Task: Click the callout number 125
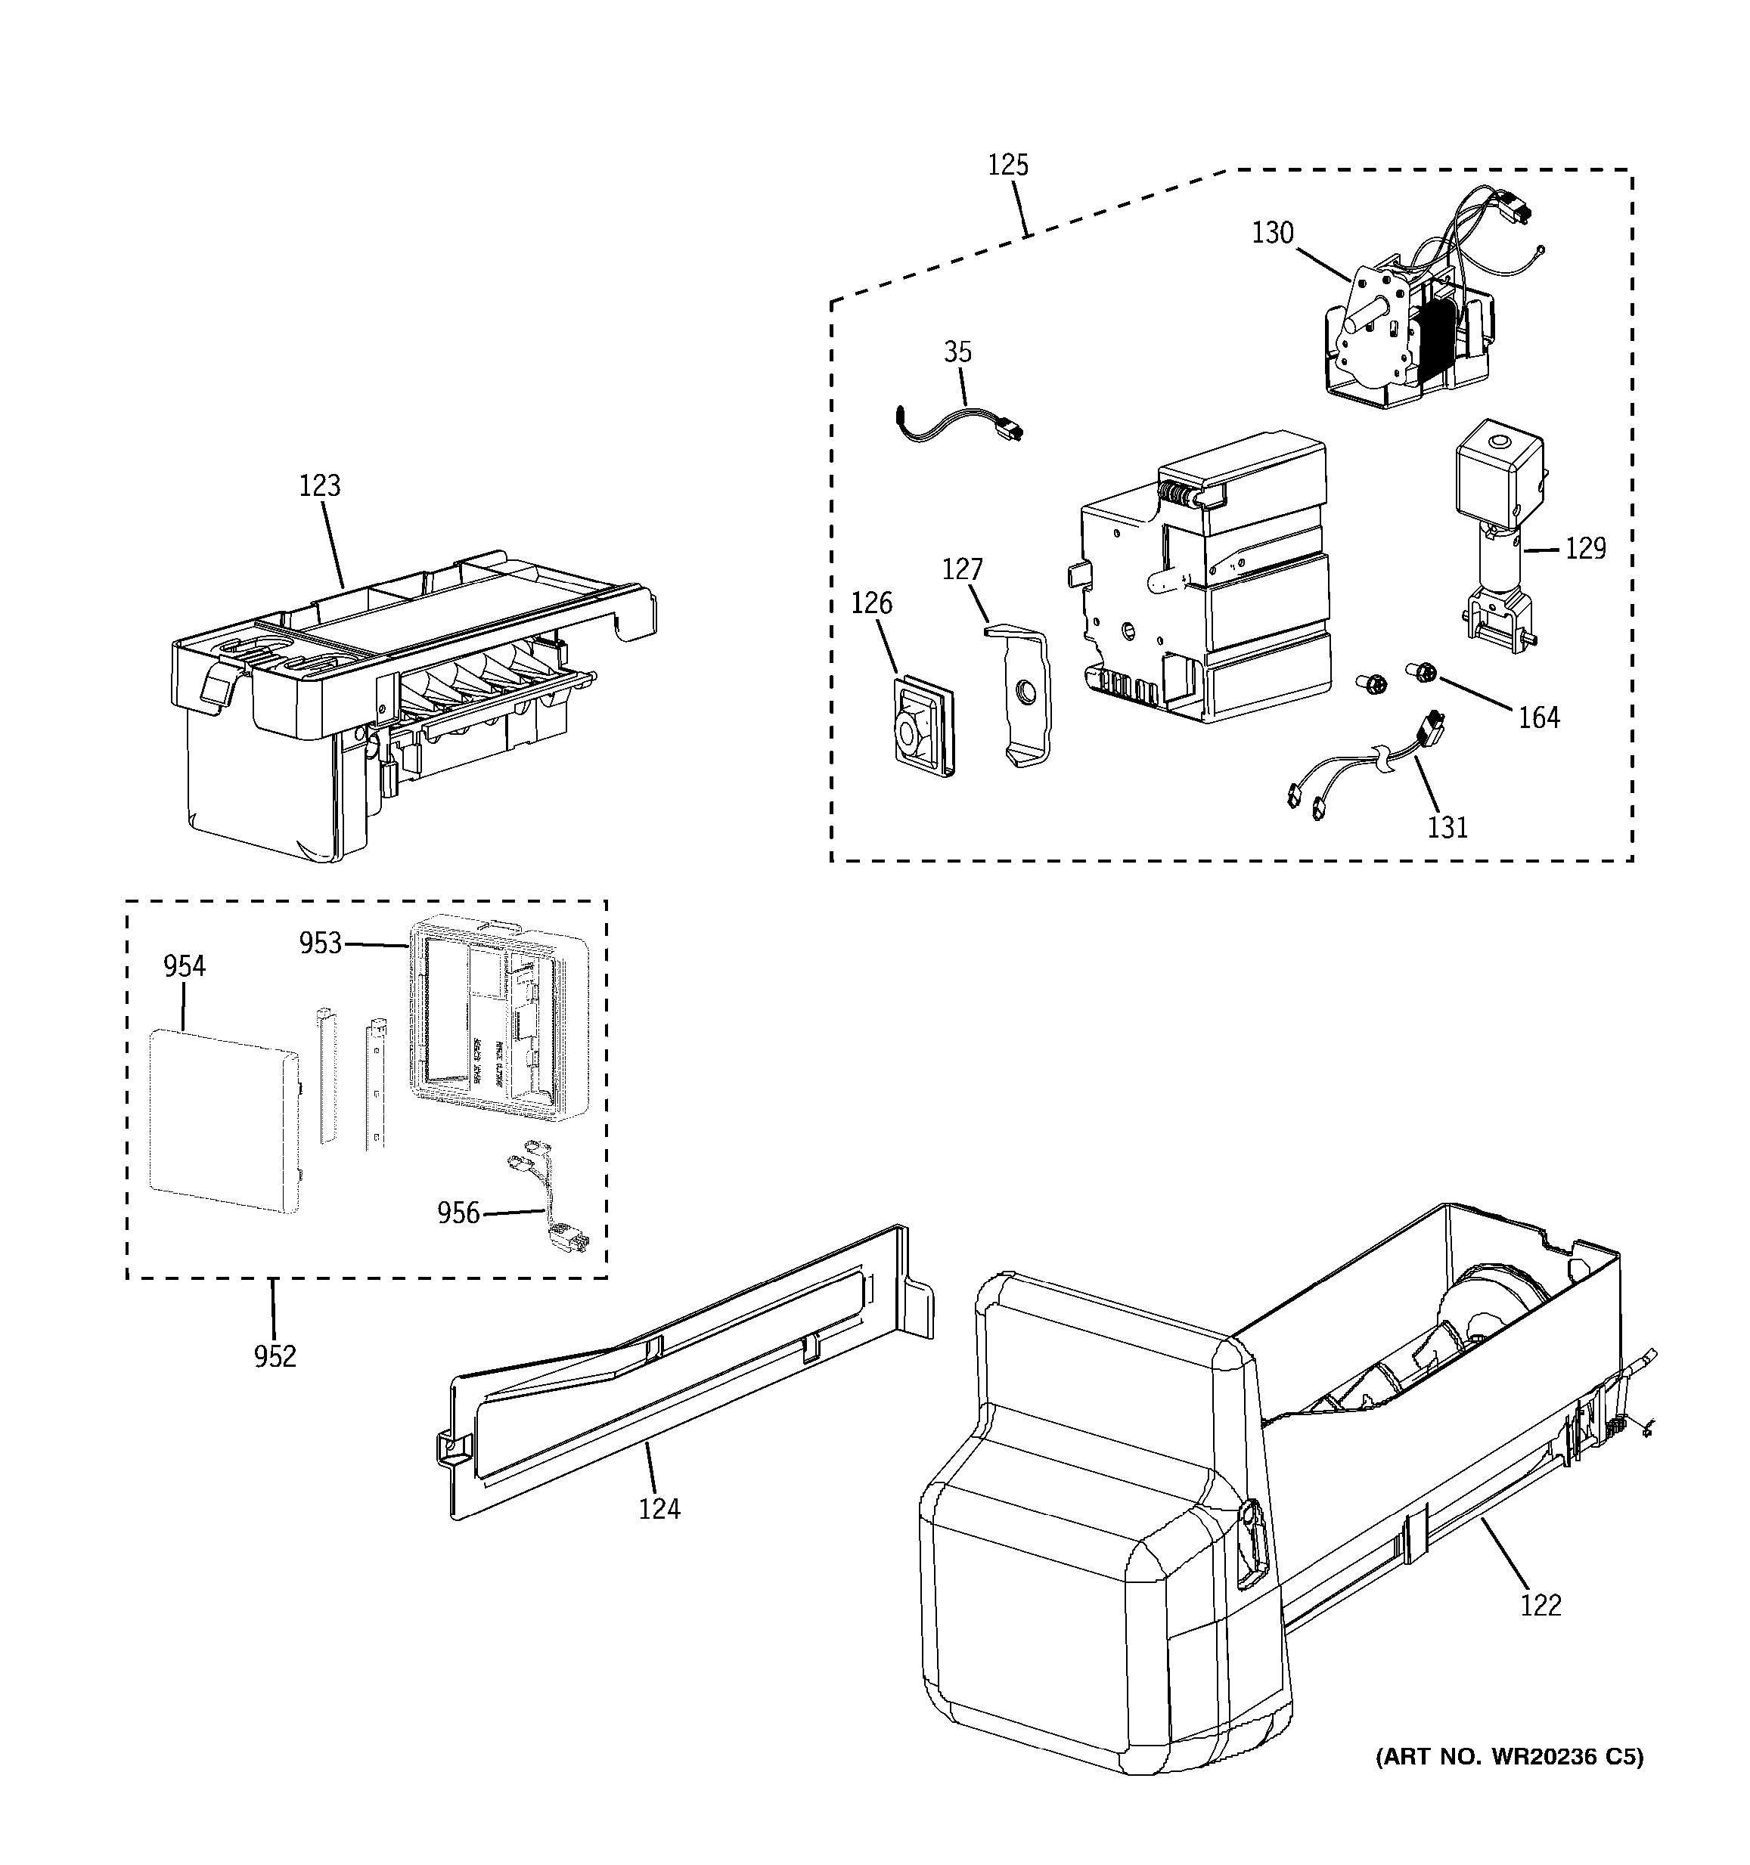coord(1008,165)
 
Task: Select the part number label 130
coord(1272,233)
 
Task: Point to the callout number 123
coord(319,486)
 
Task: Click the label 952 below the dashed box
coord(275,1356)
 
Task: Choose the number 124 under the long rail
coord(659,1508)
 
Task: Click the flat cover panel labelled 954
coord(223,1121)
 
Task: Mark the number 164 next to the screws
coord(1539,717)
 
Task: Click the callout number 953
coord(320,943)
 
